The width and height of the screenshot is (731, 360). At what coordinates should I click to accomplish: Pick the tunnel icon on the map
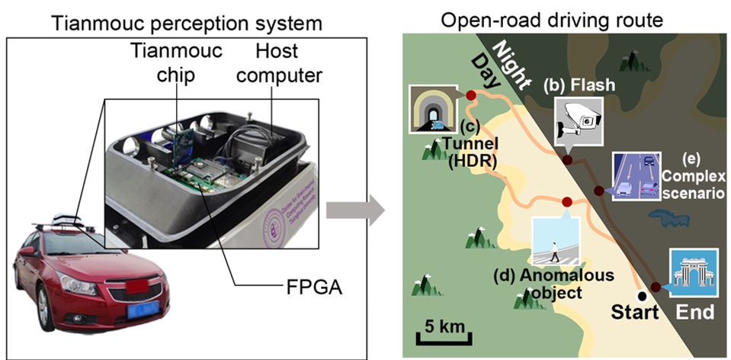coord(432,108)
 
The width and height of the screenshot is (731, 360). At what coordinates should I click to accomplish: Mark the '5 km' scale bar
coord(444,331)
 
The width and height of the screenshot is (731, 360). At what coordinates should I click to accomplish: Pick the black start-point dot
coord(642,295)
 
